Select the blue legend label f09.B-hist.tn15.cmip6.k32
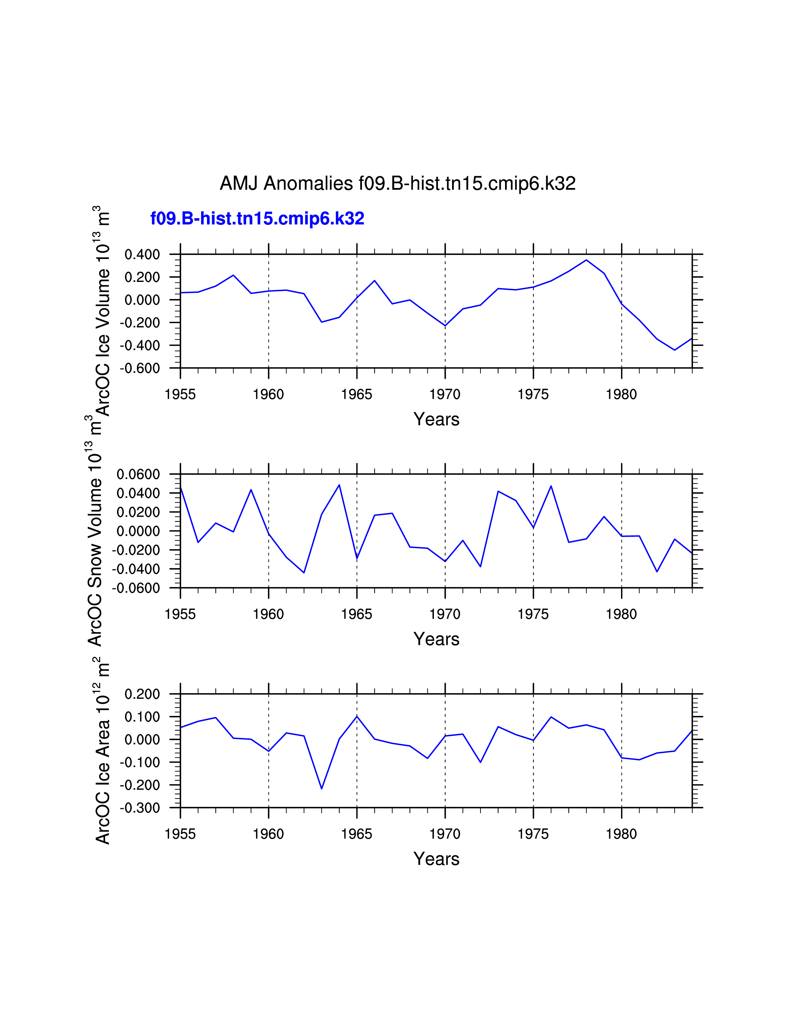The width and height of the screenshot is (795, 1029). pos(257,219)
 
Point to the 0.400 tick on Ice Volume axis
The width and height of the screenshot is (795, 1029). pos(142,255)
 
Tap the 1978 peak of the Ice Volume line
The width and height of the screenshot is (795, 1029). pos(586,260)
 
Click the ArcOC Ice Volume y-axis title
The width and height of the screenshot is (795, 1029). pos(103,311)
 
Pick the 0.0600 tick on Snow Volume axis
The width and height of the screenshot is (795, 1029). pos(138,475)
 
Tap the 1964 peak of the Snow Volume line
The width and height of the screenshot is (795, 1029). pos(339,485)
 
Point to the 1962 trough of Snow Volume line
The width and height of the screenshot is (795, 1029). pos(304,572)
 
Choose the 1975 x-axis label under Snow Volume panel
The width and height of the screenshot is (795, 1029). pos(533,614)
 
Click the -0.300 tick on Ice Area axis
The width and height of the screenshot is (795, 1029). pos(140,808)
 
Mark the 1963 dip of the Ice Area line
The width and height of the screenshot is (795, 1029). pos(322,789)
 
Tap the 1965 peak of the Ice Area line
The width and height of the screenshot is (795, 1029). pos(357,716)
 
